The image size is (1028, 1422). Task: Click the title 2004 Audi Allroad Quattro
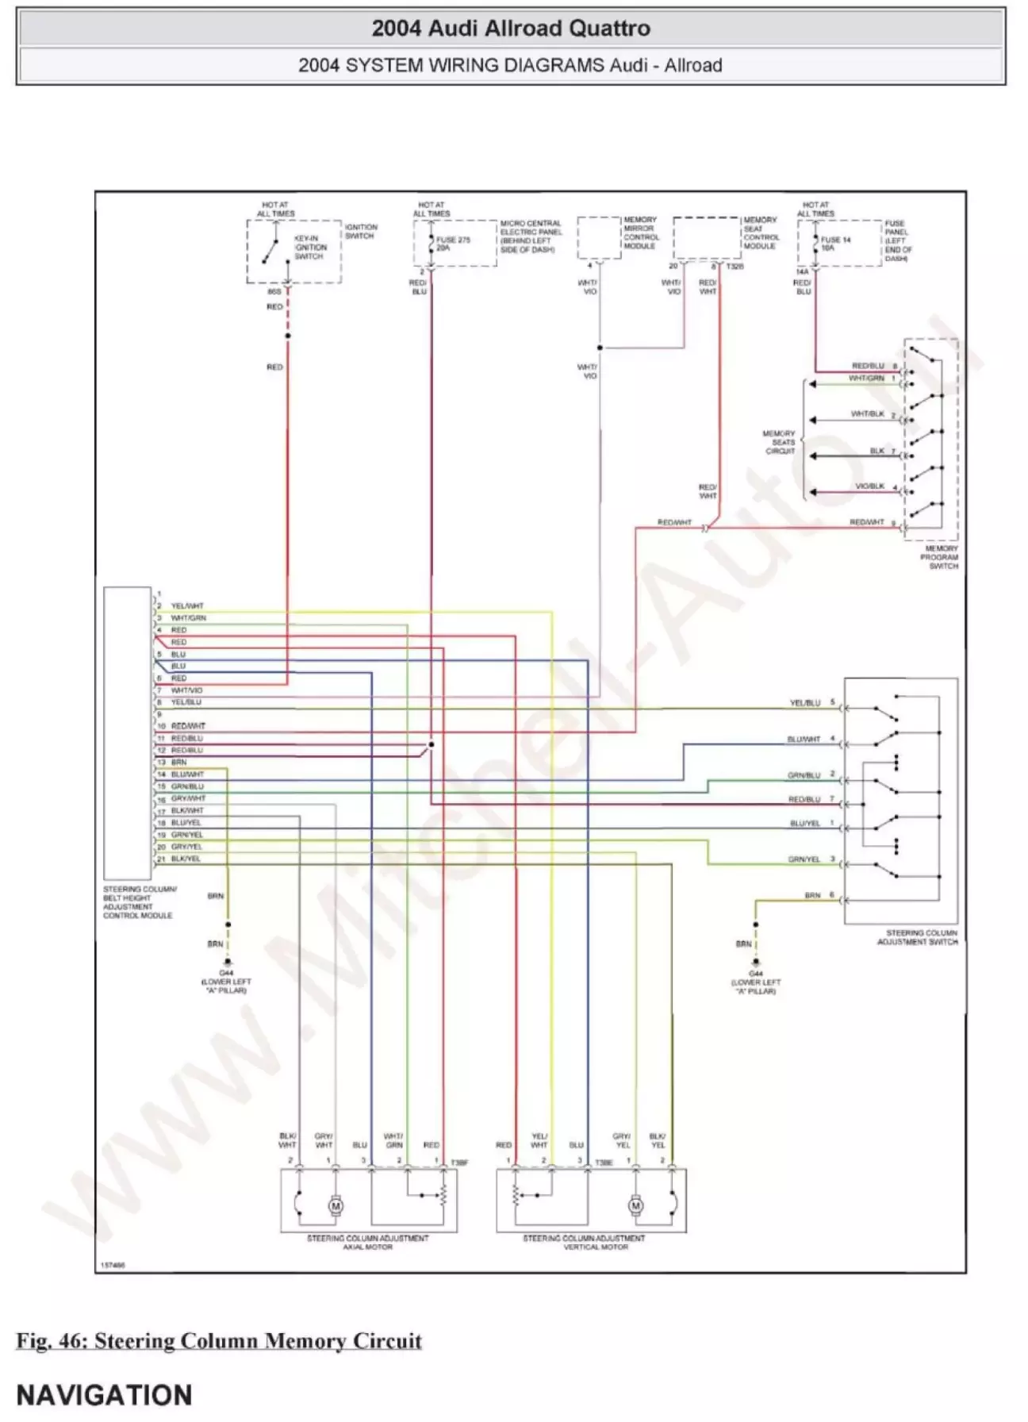[x=511, y=29]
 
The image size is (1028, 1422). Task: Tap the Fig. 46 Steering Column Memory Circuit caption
[x=219, y=1340]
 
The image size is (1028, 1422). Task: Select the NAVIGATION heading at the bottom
[x=104, y=1394]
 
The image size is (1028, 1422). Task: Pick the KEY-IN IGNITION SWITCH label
[x=310, y=247]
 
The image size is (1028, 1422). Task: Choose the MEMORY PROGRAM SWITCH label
[x=941, y=557]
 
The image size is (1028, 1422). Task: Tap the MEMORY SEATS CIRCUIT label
[x=779, y=442]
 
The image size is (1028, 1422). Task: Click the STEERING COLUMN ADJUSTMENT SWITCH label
[x=918, y=937]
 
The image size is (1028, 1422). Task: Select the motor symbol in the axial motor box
[x=336, y=1206]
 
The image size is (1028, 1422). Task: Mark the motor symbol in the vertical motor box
[x=635, y=1206]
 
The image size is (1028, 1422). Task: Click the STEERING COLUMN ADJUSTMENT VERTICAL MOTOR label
[x=584, y=1242]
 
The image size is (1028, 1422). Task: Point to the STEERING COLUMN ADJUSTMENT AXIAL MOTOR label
[x=367, y=1242]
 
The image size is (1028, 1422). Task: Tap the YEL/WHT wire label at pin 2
[x=187, y=605]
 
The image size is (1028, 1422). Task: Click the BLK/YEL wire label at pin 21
[x=186, y=859]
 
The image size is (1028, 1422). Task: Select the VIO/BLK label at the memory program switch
[x=870, y=486]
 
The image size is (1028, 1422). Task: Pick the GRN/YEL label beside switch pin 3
[x=804, y=859]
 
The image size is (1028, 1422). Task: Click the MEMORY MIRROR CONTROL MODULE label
[x=640, y=233]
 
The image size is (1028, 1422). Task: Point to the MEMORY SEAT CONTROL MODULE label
[x=761, y=233]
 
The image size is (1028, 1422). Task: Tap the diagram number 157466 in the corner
[x=113, y=1265]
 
